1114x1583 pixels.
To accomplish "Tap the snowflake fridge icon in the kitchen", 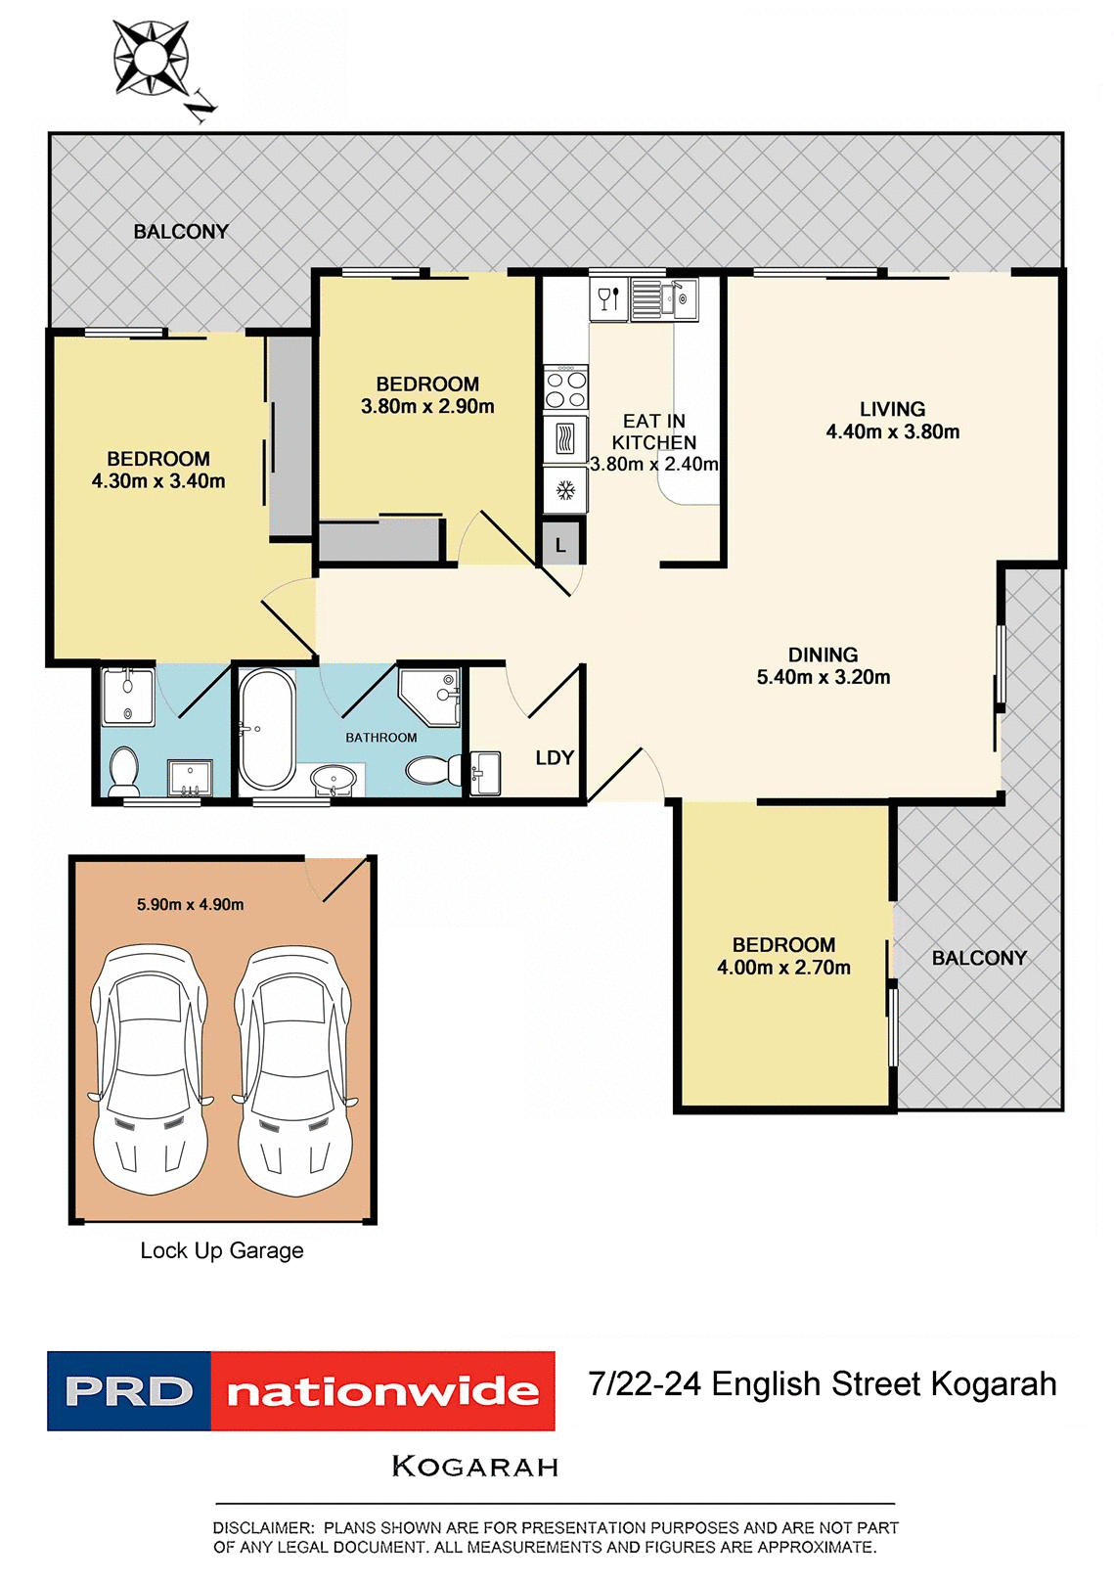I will (x=565, y=489).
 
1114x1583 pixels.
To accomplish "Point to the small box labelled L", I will (x=560, y=545).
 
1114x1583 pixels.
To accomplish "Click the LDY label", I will (x=555, y=758).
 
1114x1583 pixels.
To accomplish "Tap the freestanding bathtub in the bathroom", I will (x=266, y=729).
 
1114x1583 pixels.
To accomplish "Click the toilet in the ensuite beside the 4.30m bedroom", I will (x=124, y=771).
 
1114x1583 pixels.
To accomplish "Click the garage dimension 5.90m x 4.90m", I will (x=191, y=905).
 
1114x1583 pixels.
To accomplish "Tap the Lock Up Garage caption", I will (x=222, y=1250).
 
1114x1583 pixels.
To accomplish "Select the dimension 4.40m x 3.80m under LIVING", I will (x=892, y=431).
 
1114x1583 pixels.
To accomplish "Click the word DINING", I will (x=823, y=655).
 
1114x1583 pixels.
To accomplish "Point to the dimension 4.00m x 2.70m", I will (x=783, y=968).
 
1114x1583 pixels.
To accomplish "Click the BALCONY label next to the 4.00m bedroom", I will (x=979, y=958).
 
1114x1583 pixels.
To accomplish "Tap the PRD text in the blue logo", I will (x=129, y=1391).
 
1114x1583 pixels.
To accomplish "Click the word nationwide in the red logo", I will (x=382, y=1391).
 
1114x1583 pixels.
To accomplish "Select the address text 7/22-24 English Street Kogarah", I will (x=822, y=1384).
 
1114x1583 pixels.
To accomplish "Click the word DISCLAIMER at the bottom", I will (x=262, y=1527).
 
